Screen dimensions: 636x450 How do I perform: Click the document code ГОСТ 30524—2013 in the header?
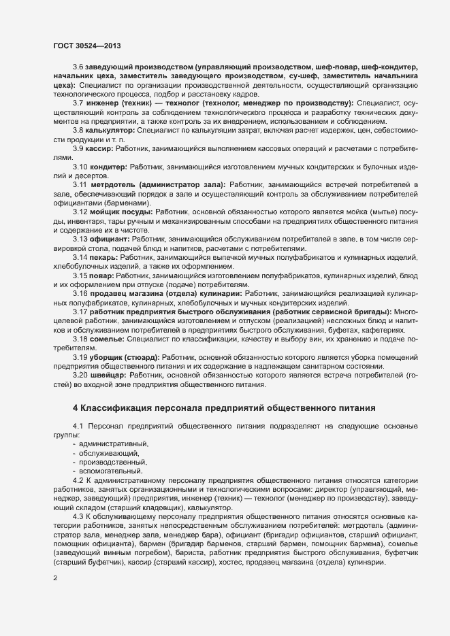88,46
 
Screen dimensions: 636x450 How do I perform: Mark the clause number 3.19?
80,356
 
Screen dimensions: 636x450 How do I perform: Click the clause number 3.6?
78,68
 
